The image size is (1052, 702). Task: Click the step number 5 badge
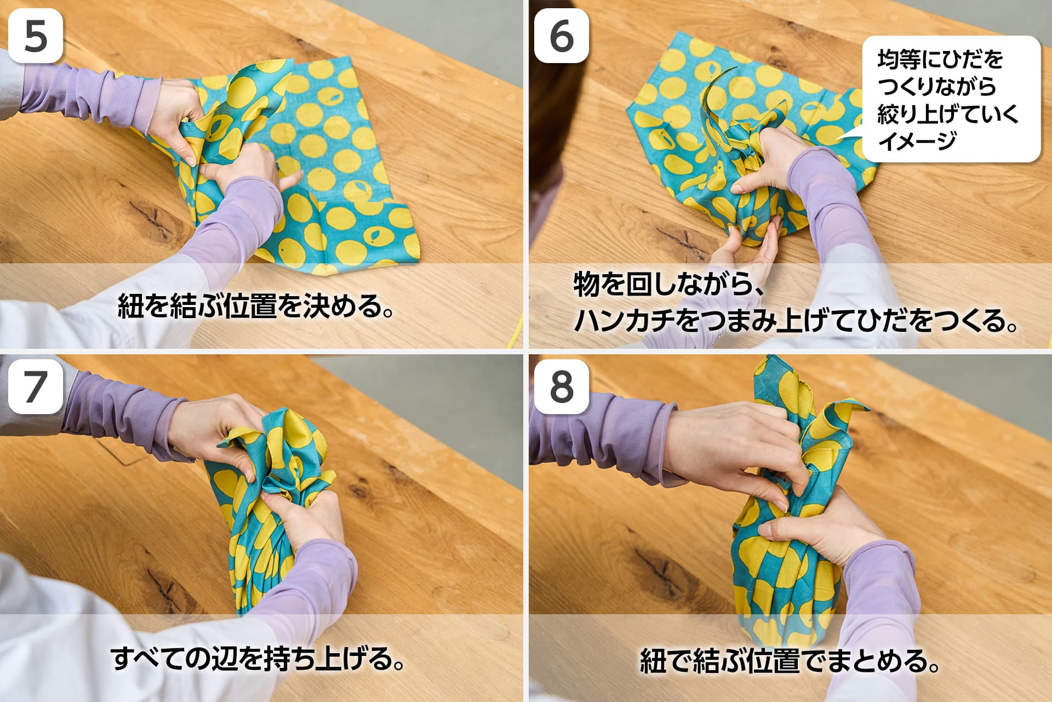pos(36,36)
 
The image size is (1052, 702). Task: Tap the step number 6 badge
pos(562,36)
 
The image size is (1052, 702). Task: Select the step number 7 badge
pos(36,386)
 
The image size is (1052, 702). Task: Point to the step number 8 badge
pos(562,386)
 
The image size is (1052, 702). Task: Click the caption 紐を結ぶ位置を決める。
pos(256,306)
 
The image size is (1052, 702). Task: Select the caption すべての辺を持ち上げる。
pos(258,658)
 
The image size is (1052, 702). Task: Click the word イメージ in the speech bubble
pos(917,140)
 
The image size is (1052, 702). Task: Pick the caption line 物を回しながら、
pos(665,285)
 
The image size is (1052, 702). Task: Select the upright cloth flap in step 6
pos(715,110)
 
